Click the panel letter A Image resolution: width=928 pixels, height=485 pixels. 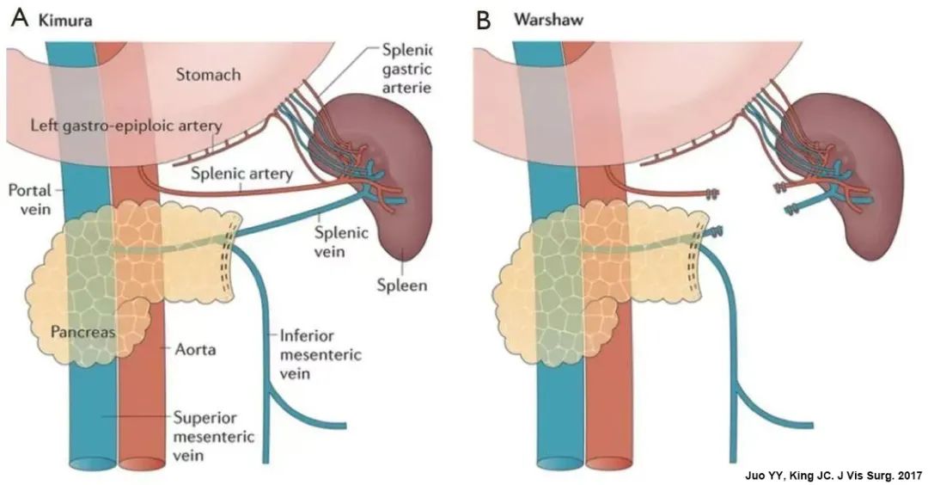click(x=20, y=18)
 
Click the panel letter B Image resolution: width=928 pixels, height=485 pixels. click(x=484, y=20)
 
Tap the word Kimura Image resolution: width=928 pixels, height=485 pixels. click(x=65, y=20)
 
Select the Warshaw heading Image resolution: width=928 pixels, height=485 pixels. click(x=548, y=20)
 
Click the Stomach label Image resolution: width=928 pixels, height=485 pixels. click(x=208, y=75)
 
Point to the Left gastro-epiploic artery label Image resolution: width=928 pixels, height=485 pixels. click(x=126, y=126)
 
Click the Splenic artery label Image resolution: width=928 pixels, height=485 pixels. click(x=241, y=174)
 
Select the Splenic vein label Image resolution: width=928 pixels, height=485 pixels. click(x=333, y=242)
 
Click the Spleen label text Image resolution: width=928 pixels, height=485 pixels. click(x=402, y=285)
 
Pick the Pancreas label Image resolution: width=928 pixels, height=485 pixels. click(x=82, y=332)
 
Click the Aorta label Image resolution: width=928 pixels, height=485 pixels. click(x=195, y=349)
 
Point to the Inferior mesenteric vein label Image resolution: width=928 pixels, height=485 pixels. click(x=321, y=354)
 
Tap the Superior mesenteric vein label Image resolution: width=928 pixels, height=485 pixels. click(x=213, y=437)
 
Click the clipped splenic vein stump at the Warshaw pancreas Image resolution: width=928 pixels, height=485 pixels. click(x=714, y=232)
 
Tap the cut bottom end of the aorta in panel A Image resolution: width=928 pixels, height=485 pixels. click(x=141, y=464)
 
